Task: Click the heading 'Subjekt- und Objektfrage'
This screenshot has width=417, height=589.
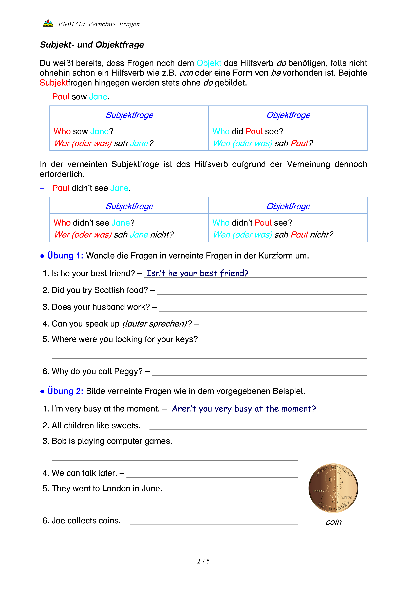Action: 92,45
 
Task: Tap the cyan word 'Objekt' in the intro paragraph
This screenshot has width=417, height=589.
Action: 208,63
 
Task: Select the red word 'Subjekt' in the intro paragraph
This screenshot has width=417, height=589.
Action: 53,83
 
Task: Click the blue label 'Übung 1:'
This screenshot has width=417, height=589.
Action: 65,256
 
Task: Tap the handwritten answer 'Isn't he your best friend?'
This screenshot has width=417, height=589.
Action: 197,273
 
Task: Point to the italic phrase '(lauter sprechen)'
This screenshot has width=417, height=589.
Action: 155,324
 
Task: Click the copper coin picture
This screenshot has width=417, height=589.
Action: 333,488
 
